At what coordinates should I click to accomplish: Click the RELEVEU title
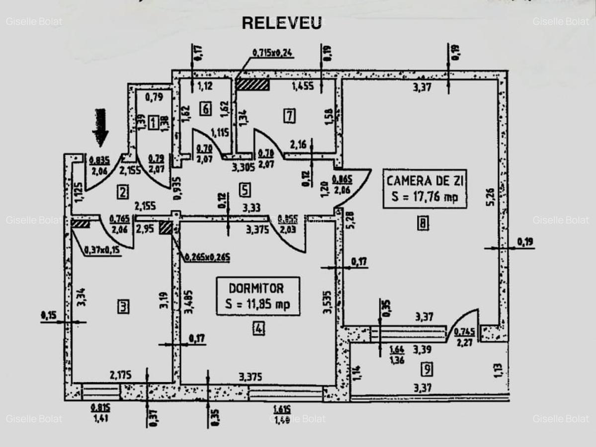(x=281, y=23)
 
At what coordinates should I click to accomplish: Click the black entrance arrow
(x=100, y=128)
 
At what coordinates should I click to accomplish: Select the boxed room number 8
(x=422, y=223)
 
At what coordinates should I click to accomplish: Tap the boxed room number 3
(x=123, y=307)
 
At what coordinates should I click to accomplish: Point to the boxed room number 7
(x=289, y=116)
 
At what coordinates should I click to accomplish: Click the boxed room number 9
(x=426, y=369)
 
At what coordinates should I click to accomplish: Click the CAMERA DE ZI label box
(x=425, y=189)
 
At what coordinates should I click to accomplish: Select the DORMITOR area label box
(x=257, y=296)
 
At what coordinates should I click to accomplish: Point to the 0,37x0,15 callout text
(x=102, y=250)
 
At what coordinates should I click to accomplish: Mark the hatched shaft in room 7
(x=253, y=84)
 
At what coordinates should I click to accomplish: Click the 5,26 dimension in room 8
(x=490, y=197)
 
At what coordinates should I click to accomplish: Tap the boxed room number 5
(x=244, y=189)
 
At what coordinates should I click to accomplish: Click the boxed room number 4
(x=258, y=328)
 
